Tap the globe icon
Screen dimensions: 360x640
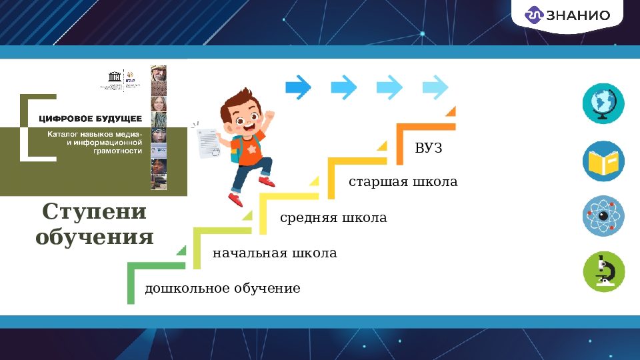coord(603,103)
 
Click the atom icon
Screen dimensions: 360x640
coord(603,216)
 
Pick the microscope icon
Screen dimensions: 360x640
coord(603,271)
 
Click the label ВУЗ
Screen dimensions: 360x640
coord(429,148)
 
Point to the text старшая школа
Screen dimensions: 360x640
coord(403,182)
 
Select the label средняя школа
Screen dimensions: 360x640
coord(333,218)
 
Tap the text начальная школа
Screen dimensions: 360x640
coord(275,253)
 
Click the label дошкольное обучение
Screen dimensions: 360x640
coord(223,289)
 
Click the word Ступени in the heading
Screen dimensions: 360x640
coord(94,212)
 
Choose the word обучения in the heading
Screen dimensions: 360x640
coord(94,237)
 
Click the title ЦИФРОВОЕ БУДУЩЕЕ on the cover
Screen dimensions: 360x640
coord(90,119)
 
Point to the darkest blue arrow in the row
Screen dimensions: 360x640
coord(298,86)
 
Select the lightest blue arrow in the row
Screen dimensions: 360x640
coord(436,86)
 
